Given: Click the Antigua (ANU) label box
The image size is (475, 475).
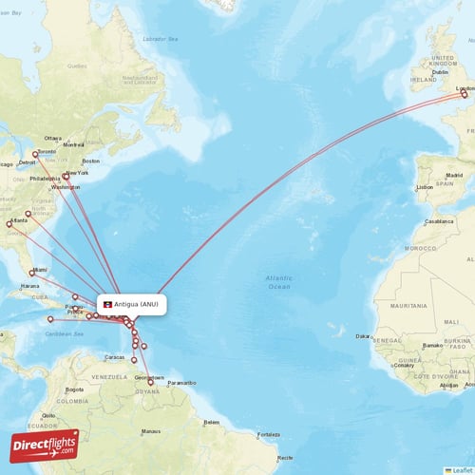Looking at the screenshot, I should tap(132, 304).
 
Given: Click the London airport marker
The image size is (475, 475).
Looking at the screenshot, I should tap(464, 93).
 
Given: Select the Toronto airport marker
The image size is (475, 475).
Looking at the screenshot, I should tap(36, 154).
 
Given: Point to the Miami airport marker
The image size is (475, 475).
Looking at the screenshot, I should tap(33, 273).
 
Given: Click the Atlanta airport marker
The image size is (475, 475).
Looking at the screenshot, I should tap(9, 224).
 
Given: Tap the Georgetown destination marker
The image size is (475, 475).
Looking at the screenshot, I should tap(149, 382).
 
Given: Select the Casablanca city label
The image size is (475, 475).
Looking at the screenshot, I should tap(440, 219).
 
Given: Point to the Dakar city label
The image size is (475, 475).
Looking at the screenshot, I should tap(363, 336).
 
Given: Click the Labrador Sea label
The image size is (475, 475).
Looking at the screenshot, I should tap(161, 39).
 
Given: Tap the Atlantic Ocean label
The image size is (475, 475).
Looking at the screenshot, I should tap(278, 281).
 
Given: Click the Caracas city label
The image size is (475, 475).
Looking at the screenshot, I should tap(115, 357).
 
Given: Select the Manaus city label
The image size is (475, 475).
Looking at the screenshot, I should tap(150, 431).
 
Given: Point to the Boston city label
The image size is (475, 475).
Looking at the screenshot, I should tap(90, 161).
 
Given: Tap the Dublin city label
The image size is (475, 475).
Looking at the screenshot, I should tap(440, 72).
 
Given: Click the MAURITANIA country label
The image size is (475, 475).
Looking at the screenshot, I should tap(408, 305).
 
